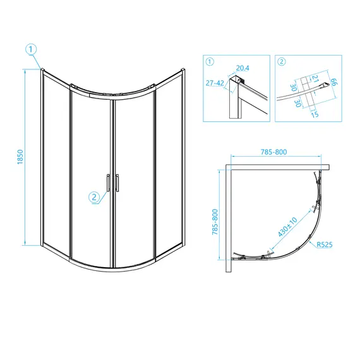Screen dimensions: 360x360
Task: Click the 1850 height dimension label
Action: (20, 157)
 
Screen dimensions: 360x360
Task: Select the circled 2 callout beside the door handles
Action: (94, 197)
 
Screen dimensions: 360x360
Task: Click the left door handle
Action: (107, 183)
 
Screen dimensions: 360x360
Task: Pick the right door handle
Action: (117, 183)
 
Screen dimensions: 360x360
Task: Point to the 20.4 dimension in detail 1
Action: (243, 68)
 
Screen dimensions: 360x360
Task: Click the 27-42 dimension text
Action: (215, 83)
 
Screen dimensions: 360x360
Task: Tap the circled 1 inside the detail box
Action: (210, 61)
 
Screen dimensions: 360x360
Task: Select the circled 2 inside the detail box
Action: (282, 61)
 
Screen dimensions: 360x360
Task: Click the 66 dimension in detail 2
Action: (333, 82)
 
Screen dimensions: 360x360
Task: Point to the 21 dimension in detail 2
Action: (315, 78)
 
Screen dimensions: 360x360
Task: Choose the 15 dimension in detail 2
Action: (315, 114)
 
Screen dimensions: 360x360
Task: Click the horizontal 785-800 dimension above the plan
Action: (273, 152)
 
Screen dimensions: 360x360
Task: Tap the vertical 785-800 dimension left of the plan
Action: (215, 222)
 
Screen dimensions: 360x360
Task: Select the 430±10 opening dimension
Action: (287, 227)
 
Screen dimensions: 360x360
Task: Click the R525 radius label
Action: (325, 245)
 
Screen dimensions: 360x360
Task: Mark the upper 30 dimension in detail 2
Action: (294, 88)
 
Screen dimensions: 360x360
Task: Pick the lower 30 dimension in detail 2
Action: (297, 103)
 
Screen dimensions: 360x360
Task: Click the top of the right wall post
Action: (183, 69)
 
